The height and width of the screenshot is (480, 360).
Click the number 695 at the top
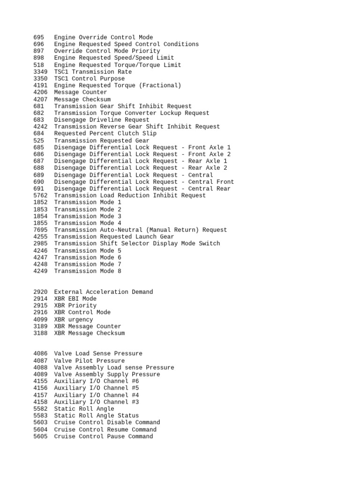39,37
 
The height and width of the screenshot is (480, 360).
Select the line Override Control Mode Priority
107,51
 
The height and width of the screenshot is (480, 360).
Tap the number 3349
41,72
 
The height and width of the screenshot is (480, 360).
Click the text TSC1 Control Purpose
90,79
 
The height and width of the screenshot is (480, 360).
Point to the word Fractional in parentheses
160,85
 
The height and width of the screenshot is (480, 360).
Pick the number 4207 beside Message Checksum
41,99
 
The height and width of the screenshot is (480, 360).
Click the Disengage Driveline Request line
102,120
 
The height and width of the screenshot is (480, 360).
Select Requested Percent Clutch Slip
105,134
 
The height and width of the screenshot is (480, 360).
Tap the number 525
39,141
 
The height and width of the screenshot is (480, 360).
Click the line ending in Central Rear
142,188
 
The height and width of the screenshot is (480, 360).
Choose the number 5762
41,195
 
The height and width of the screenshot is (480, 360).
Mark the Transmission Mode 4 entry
88,223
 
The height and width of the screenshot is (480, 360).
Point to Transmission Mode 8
88,271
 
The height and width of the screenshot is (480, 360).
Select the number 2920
41,292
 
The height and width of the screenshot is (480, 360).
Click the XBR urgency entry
74,320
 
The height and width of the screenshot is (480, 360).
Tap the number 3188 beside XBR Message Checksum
41,333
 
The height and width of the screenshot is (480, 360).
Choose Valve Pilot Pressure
90,360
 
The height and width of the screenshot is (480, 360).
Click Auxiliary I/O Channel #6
97,381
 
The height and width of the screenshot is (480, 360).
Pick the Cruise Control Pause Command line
104,436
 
